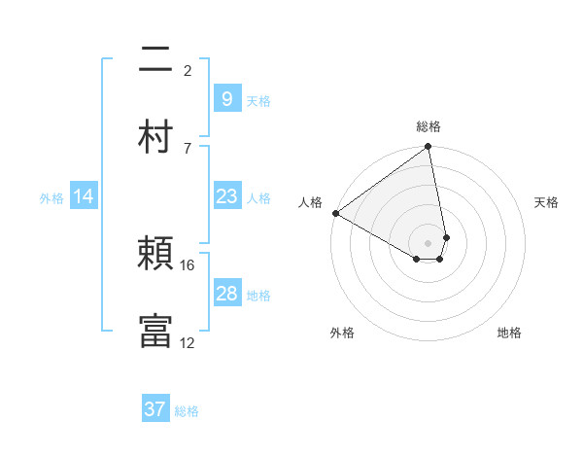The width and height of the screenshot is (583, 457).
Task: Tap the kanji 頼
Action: (x=155, y=253)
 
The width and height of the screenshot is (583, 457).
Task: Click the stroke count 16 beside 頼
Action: (x=188, y=264)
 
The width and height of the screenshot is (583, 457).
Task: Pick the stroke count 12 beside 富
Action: (x=188, y=342)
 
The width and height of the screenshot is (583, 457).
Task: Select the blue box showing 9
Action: (x=226, y=98)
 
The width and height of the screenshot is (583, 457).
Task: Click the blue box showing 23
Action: (x=226, y=196)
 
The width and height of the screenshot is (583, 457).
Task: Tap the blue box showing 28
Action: (x=226, y=294)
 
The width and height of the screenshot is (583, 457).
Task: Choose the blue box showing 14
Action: (x=84, y=196)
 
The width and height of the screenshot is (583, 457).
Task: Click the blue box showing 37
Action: (x=155, y=409)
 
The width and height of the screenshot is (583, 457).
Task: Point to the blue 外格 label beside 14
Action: (x=51, y=197)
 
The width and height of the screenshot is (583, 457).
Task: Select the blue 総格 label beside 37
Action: (x=187, y=411)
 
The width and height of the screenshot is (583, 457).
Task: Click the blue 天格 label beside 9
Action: (x=257, y=100)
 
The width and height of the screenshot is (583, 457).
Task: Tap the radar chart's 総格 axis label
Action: (x=429, y=126)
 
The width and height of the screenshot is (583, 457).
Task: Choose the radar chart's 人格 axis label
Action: (x=310, y=202)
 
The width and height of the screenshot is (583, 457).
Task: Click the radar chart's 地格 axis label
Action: (x=509, y=333)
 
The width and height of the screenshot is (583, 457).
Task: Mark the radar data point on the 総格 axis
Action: (x=429, y=148)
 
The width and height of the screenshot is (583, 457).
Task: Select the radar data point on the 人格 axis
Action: (x=335, y=213)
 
